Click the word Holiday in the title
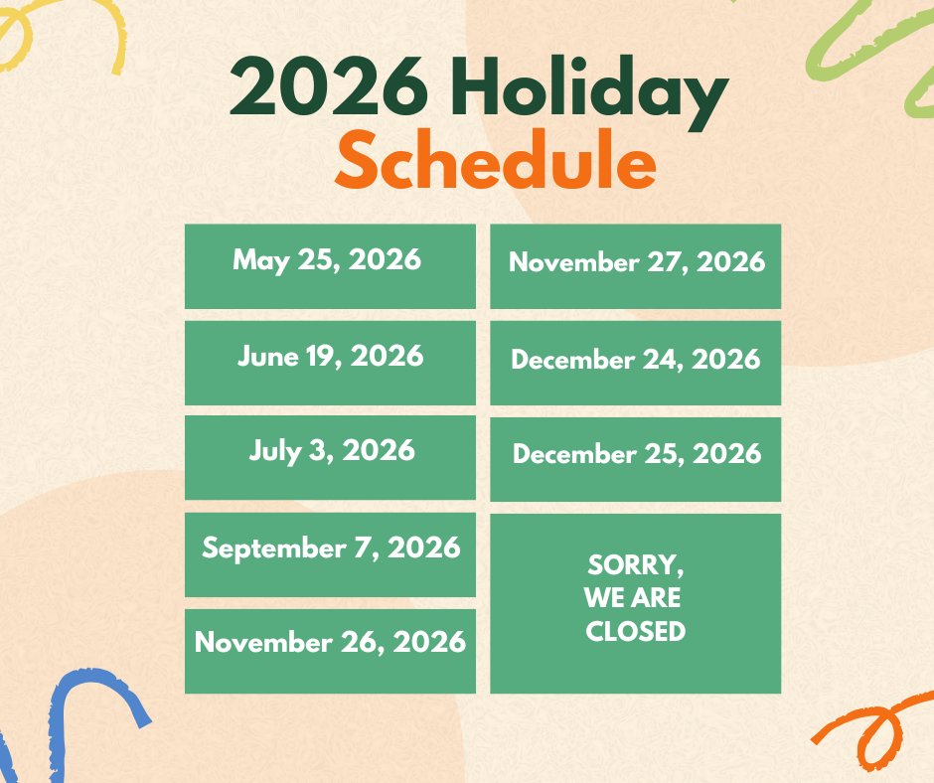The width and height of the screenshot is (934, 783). [589, 90]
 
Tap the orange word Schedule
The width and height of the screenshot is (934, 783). [496, 160]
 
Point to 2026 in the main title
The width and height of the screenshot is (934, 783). [329, 85]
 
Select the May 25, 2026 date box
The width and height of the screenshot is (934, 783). [330, 266]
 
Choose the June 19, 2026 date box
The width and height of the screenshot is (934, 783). [330, 363]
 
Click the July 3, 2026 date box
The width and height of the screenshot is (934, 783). [330, 458]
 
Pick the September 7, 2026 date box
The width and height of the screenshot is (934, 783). [330, 554]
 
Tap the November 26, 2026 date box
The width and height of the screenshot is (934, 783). [330, 651]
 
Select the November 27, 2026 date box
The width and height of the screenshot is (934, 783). [636, 266]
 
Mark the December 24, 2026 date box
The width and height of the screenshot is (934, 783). [636, 363]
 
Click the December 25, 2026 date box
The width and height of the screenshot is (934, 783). [636, 459]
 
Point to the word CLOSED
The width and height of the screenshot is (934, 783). [636, 631]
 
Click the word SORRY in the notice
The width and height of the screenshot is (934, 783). [632, 564]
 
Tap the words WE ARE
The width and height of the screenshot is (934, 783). [633, 597]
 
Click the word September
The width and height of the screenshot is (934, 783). [274, 548]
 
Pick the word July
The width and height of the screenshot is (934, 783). [275, 451]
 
